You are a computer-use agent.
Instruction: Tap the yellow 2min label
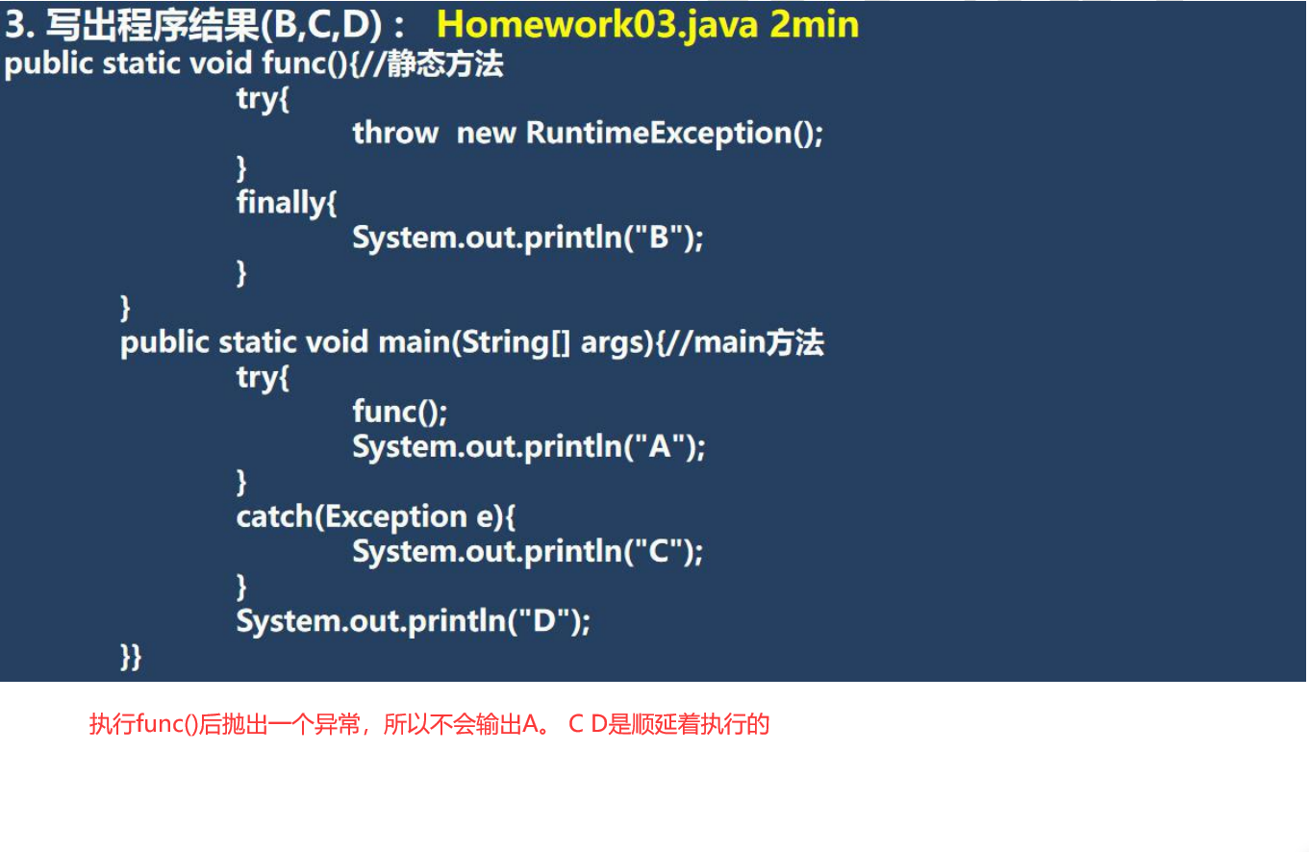pos(815,25)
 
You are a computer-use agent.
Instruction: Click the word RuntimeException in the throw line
pos(658,133)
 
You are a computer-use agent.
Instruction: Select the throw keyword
pos(395,133)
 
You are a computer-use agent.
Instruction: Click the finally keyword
pos(286,203)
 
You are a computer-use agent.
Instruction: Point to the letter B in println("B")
pos(660,238)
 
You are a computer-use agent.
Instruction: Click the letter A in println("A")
pos(661,447)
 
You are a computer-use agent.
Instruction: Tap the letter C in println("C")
pos(660,552)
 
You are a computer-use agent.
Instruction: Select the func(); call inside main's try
pos(399,413)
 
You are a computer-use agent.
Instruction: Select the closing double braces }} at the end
pos(131,657)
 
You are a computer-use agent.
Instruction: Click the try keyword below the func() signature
pos(263,98)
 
